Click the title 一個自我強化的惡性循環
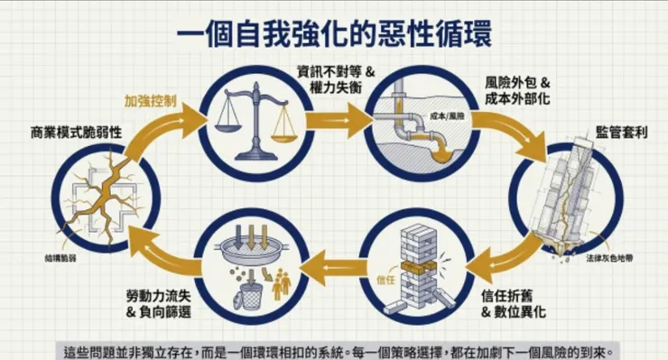click(x=334, y=38)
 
